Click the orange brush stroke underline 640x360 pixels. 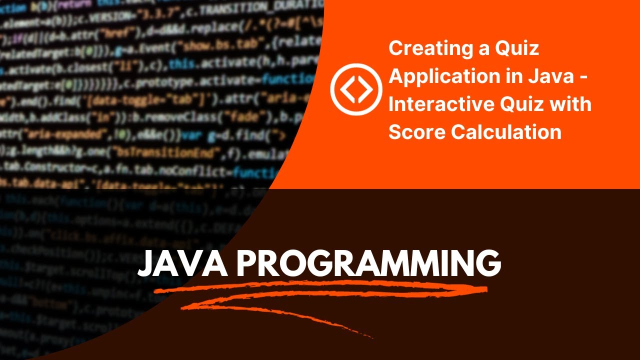(320, 295)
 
